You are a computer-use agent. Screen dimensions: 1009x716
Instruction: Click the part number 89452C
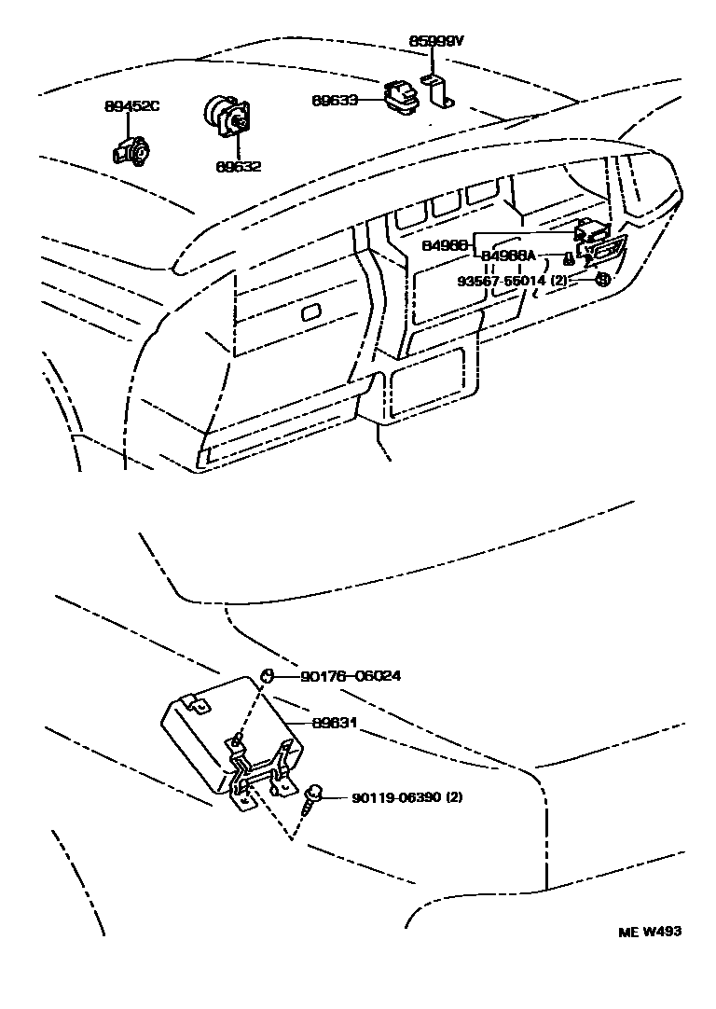[131, 106]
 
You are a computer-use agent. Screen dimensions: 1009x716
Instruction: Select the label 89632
[239, 167]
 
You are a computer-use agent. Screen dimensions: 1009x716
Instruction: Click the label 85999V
[435, 42]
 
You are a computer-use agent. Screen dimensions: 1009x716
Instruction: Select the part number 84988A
[508, 256]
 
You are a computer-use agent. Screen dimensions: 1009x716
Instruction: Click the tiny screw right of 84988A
[568, 256]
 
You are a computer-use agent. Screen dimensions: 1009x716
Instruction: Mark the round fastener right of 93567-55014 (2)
[601, 279]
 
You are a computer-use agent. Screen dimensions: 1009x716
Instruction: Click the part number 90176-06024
[351, 676]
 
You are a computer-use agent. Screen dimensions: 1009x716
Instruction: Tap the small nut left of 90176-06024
[266, 676]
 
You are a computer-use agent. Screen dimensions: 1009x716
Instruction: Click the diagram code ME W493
[650, 933]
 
